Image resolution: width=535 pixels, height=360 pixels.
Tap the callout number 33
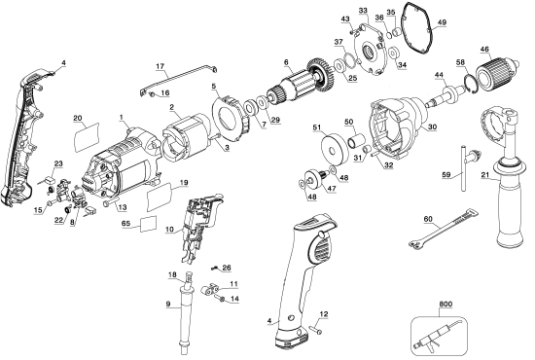[x=363, y=10]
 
